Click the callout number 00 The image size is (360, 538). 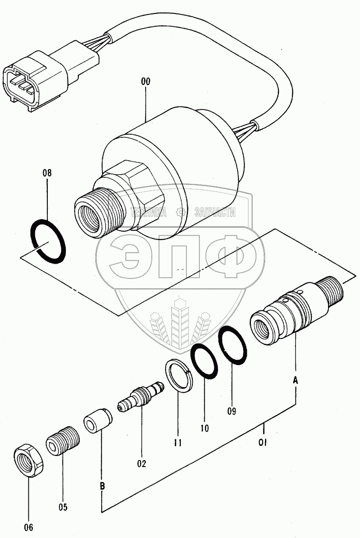point(145,82)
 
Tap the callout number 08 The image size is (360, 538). point(47,173)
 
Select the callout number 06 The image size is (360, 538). point(28,527)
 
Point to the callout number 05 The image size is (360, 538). point(63,507)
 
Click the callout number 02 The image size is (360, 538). point(141,464)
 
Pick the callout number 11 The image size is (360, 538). point(177,443)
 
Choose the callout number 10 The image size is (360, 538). point(204,428)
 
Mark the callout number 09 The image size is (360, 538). point(232,411)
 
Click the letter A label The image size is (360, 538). point(296,380)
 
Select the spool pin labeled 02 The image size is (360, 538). point(141,396)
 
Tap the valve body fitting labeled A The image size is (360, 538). point(296,308)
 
